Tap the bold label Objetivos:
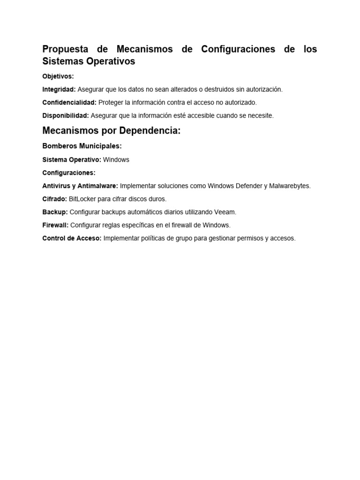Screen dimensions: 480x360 point(58,76)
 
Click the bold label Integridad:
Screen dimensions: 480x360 point(59,89)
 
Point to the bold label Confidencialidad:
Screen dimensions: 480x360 point(69,102)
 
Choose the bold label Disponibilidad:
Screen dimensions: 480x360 point(66,115)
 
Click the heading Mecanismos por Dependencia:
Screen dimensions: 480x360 point(112,131)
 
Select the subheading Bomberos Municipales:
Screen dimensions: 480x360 point(82,146)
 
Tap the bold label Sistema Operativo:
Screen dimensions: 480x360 point(72,159)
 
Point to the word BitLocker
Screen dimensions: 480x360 point(82,199)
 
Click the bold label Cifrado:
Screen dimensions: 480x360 point(55,199)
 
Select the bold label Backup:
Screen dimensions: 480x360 point(55,212)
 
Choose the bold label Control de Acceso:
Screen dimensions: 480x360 point(72,238)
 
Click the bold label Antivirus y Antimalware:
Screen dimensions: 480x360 point(80,186)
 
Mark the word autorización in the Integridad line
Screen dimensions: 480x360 point(264,89)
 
